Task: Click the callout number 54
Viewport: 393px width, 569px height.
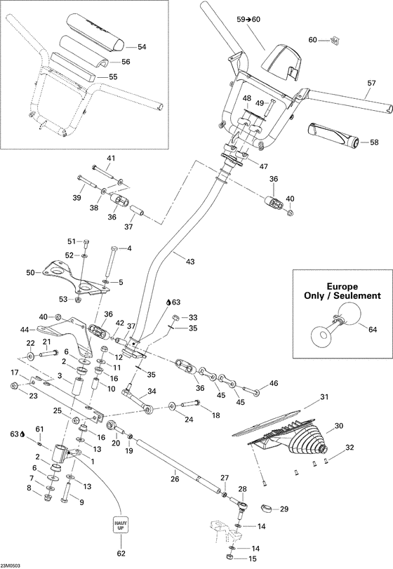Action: [x=142, y=47]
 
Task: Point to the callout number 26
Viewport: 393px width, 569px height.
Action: [x=175, y=480]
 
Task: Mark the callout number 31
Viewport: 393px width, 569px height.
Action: [x=324, y=398]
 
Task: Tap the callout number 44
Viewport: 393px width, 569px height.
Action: [x=25, y=328]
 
